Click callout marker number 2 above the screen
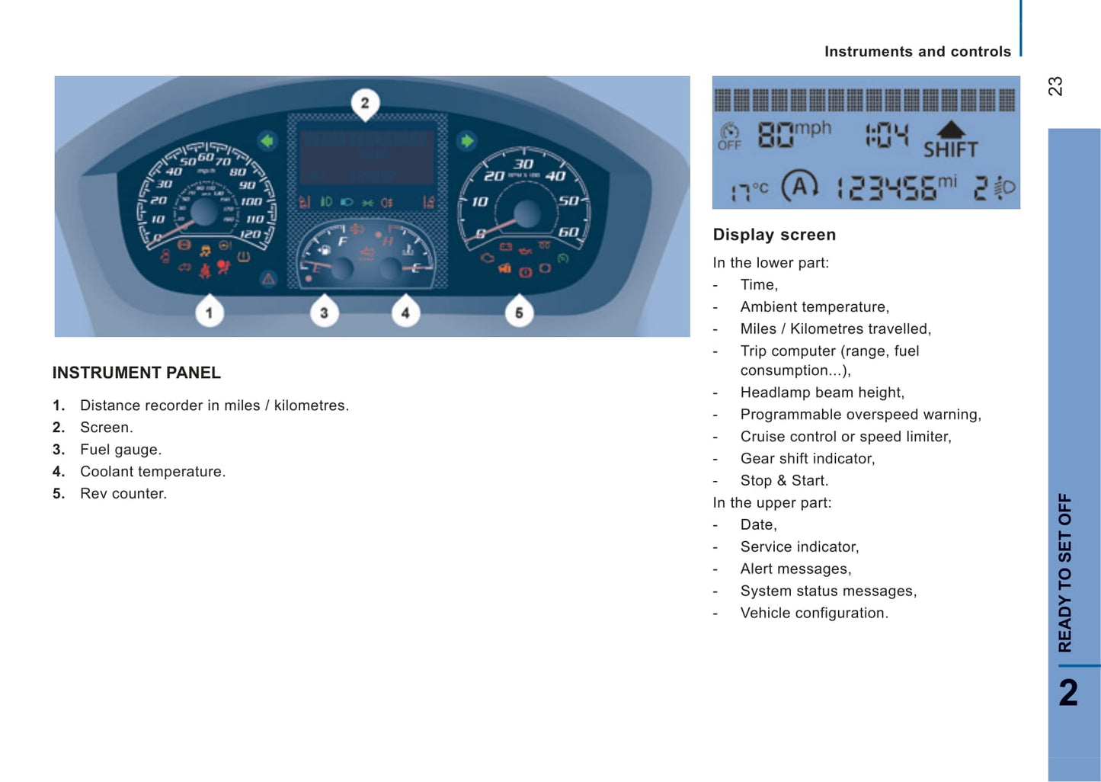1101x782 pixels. tap(365, 103)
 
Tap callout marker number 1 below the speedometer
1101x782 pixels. tap(209, 312)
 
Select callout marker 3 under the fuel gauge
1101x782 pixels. tap(324, 312)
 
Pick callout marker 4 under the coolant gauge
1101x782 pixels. tap(405, 312)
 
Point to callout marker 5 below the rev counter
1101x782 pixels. tap(519, 312)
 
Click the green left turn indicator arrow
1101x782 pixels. tap(267, 141)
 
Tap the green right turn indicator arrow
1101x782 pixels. tap(466, 141)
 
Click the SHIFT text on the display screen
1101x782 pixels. tap(950, 149)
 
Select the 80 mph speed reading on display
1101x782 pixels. tap(793, 134)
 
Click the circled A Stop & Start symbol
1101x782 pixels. tap(799, 185)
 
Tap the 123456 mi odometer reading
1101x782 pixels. tap(896, 187)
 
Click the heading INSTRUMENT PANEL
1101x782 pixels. tap(136, 373)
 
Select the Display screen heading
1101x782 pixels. tap(774, 235)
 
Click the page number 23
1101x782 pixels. tap(1055, 86)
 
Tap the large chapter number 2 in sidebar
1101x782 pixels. tap(1068, 693)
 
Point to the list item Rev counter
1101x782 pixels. tap(123, 493)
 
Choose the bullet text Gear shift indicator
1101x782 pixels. tap(808, 458)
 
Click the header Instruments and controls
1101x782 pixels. tap(917, 51)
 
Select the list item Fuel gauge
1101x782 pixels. tap(120, 449)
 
